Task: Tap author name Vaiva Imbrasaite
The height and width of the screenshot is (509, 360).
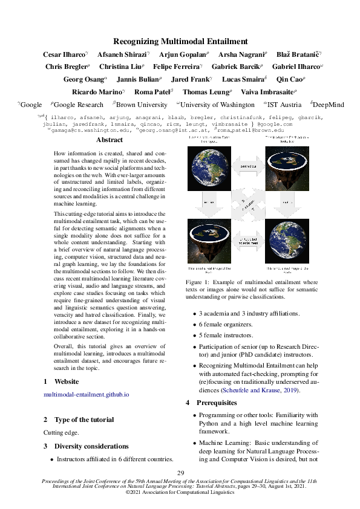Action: [270, 92]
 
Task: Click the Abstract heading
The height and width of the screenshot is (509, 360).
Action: [109, 140]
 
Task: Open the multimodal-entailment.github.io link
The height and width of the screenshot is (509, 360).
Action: [87, 394]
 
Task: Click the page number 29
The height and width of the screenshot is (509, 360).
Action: [180, 473]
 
